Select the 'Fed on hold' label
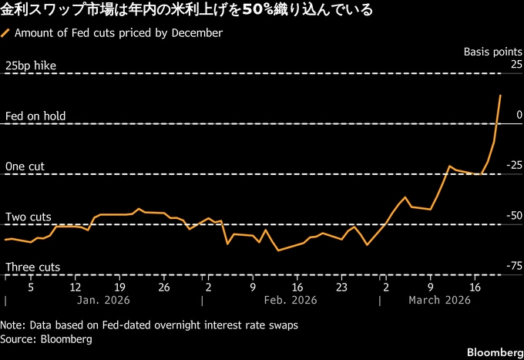(35, 116)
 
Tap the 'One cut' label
(25, 167)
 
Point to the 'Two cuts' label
(29, 217)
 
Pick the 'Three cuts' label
(32, 267)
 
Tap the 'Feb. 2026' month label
(291, 301)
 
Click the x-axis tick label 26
(163, 287)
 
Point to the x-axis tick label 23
(341, 287)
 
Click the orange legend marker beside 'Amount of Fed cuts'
(6, 33)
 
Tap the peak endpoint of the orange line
(501, 96)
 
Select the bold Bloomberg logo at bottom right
(492, 352)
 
